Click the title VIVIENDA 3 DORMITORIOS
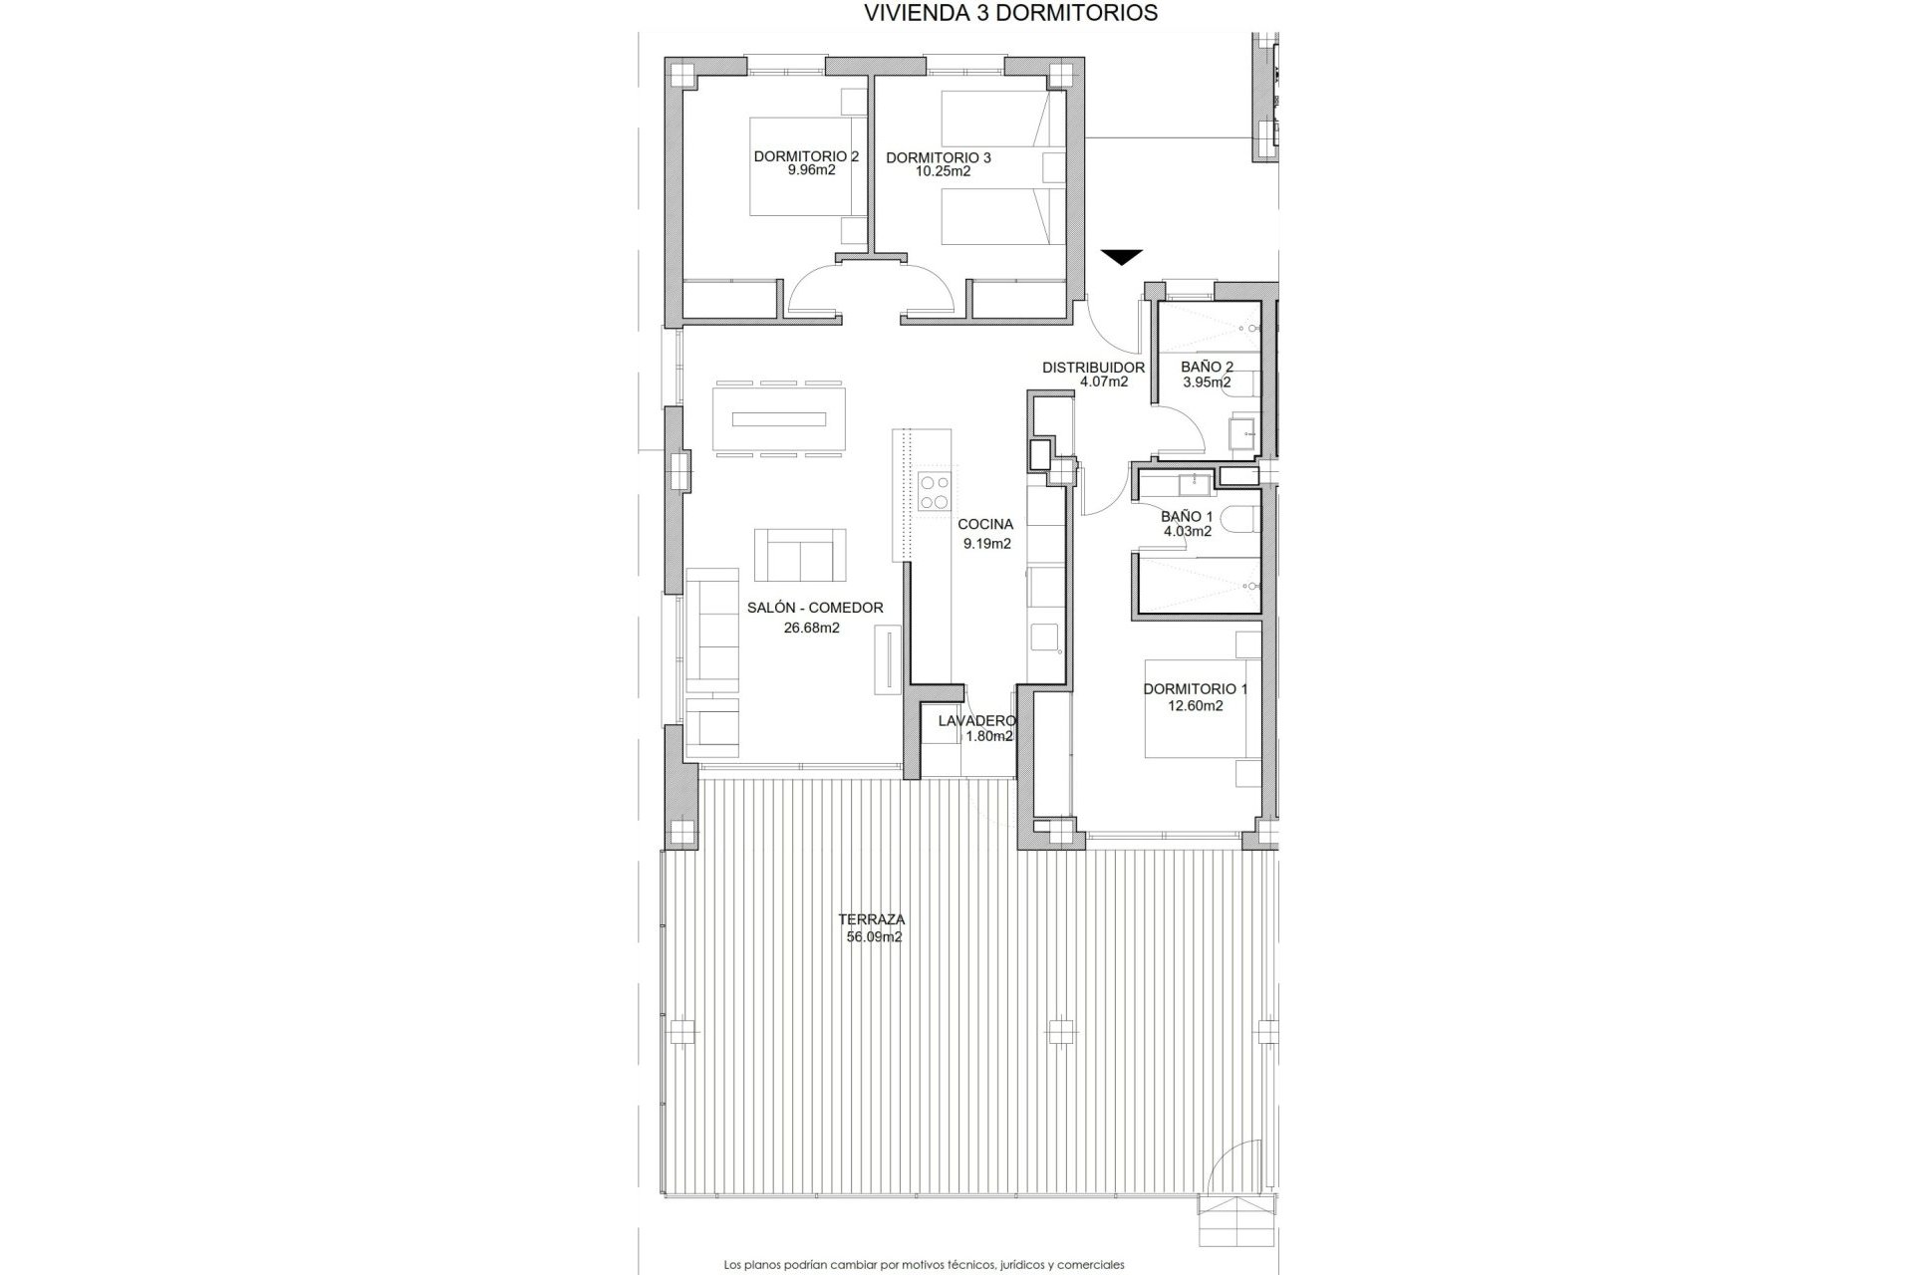pos(1010,13)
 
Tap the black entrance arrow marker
pos(1121,257)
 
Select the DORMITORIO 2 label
pos(806,156)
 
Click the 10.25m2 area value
pos(943,171)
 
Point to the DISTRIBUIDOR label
pos(1093,368)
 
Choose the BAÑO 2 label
pos(1207,368)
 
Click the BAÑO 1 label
pos(1187,517)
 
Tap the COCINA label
pos(985,524)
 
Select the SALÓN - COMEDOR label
pos(815,608)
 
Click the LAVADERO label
pos(976,721)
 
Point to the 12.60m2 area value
pos(1195,706)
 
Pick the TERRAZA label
pos(871,920)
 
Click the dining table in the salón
pos(779,419)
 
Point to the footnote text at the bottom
pos(924,1265)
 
